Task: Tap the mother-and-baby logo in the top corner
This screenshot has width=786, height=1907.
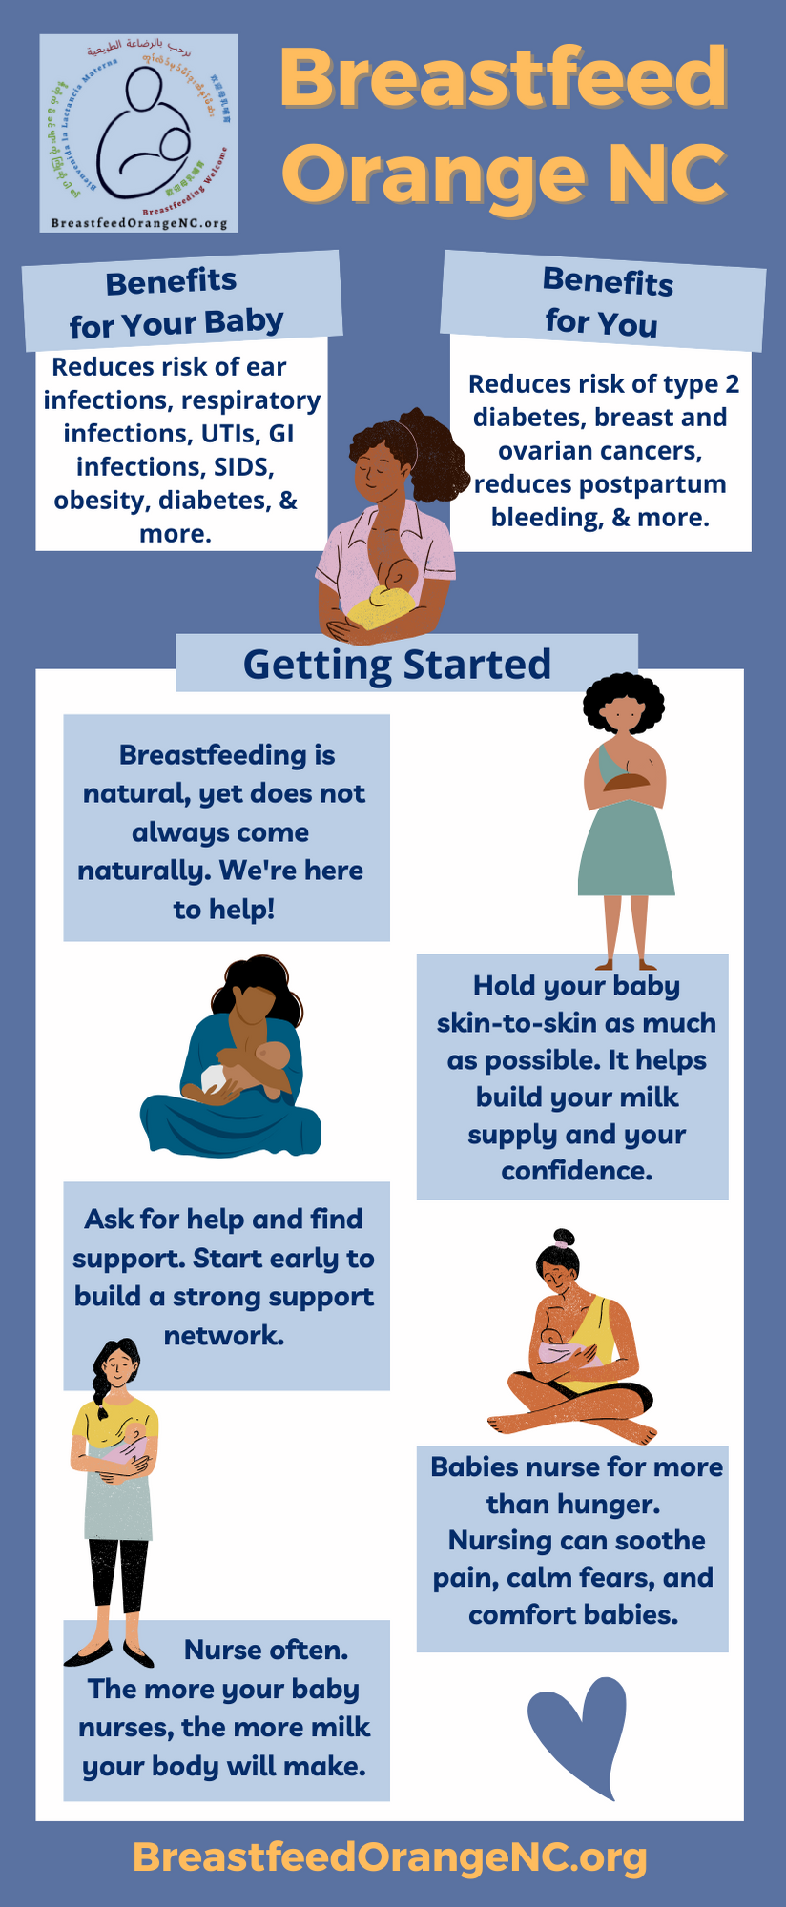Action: coord(139,133)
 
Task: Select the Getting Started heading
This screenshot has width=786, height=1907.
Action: coord(397,665)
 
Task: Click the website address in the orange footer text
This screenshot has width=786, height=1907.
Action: coord(390,1856)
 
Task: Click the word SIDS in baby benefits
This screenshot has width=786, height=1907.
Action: coord(244,467)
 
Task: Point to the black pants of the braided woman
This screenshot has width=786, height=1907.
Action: coord(117,1573)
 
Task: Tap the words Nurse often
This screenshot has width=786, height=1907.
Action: coord(266,1651)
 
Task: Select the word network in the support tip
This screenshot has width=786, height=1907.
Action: coord(224,1335)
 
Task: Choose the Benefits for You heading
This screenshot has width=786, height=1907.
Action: coord(605,302)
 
